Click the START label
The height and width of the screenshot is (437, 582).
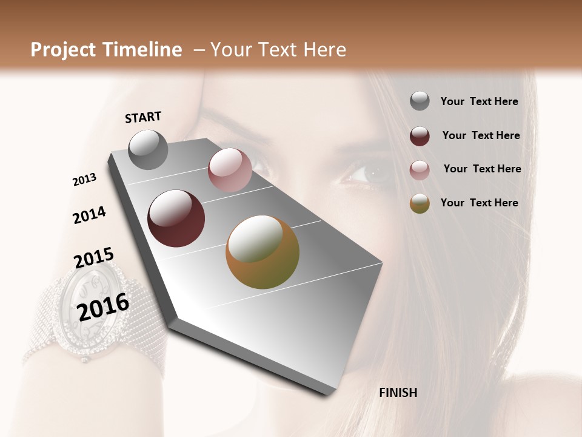pos(143,117)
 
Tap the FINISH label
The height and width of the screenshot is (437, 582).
pos(398,393)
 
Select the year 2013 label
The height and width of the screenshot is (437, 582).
pos(84,179)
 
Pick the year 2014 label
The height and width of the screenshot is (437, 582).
pos(89,215)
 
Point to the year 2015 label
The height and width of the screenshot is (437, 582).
pos(94,257)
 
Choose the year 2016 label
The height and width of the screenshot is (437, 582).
pos(103,307)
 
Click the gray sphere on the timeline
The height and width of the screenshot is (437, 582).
pos(148,149)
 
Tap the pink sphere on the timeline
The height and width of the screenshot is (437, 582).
pos(230,170)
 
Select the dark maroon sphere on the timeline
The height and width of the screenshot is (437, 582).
pos(176,218)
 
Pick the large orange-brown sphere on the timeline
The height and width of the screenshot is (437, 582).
pos(263,252)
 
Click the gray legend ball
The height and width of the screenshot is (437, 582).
pos(420,101)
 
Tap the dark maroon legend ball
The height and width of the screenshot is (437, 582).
pos(420,136)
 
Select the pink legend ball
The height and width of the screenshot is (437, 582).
pos(420,170)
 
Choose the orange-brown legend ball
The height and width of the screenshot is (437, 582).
pos(420,203)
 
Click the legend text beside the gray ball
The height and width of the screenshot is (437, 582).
pos(479,101)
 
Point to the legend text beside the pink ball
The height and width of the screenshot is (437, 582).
pos(482,169)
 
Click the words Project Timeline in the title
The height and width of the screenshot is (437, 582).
pos(106,50)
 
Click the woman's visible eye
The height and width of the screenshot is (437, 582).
pos(367,173)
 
